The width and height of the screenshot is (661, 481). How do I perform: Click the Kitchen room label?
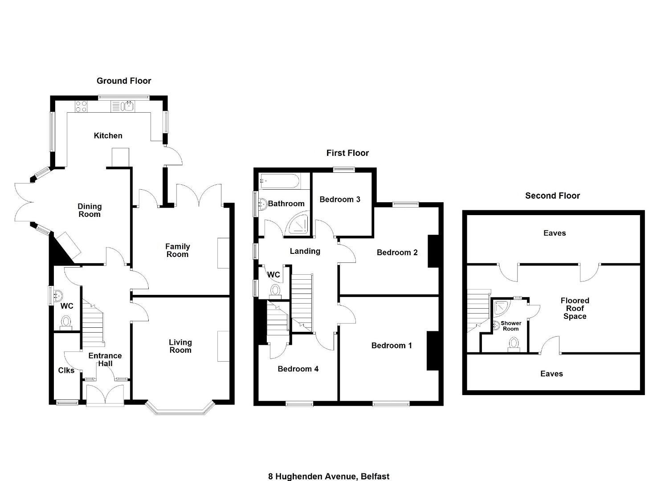[x=108, y=136]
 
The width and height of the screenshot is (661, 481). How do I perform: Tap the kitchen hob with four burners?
[x=81, y=106]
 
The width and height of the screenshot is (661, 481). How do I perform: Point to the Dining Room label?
[x=90, y=210]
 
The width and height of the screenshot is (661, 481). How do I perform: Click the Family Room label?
[x=177, y=250]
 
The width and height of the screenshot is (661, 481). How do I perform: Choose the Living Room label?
[x=180, y=346]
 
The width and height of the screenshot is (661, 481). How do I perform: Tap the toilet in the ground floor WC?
[x=66, y=322]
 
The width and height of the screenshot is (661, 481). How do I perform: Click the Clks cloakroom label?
[x=66, y=371]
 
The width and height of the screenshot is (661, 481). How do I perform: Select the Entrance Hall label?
[x=105, y=359]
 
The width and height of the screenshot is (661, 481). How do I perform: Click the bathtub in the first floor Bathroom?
[x=279, y=181]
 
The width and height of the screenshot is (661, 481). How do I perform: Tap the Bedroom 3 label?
[x=340, y=200]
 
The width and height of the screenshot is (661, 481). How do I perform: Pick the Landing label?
[x=305, y=251]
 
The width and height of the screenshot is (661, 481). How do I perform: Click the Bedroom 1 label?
[x=392, y=346]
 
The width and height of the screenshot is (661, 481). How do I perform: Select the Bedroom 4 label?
[x=298, y=369]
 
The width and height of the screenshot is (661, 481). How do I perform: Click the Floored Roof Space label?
[x=575, y=308]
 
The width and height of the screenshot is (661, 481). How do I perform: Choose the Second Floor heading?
[x=552, y=196]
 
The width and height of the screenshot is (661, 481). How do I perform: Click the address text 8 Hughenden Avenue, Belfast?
[x=329, y=476]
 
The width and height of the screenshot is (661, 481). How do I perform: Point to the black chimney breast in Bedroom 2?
[x=433, y=251]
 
